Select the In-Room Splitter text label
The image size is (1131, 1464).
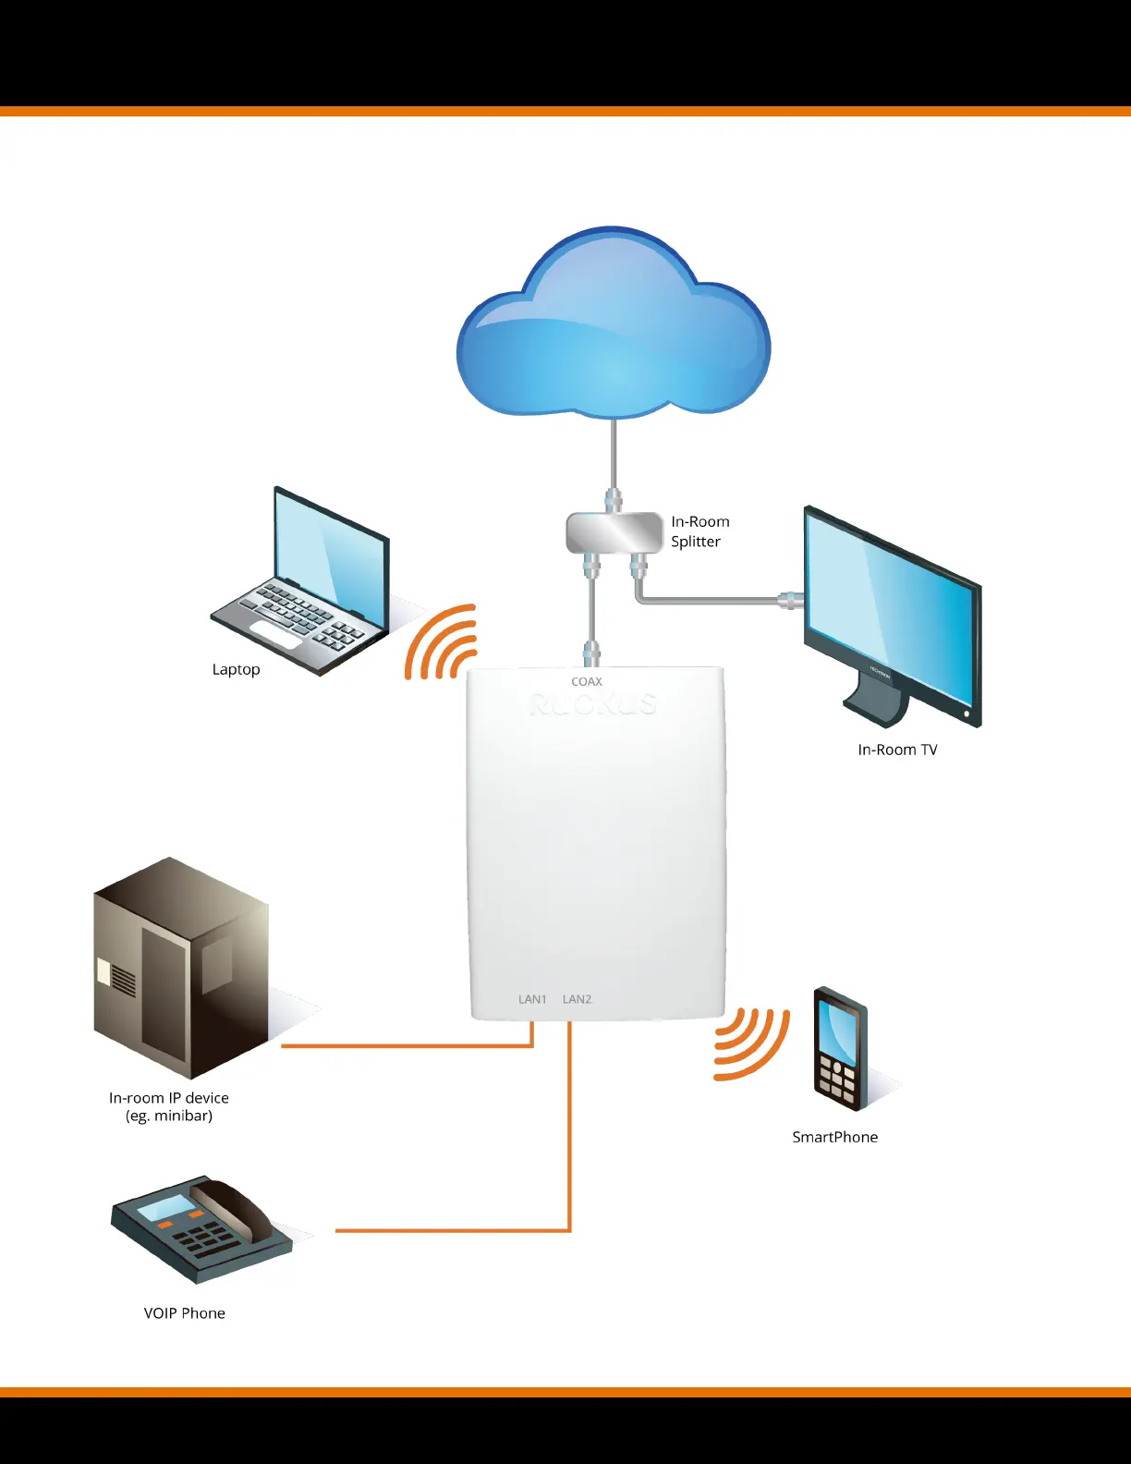[x=699, y=531]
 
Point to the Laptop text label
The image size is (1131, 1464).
[x=236, y=669]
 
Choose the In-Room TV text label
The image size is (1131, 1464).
[x=897, y=750]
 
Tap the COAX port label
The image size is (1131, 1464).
[x=587, y=682]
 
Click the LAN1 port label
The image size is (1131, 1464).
[x=532, y=999]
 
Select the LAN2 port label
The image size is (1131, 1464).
[x=578, y=999]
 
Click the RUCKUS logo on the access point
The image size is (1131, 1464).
[x=592, y=705]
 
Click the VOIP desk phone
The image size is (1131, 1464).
[x=201, y=1229]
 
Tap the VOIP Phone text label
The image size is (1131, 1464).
[x=185, y=1313]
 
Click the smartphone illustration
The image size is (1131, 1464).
[x=840, y=1049]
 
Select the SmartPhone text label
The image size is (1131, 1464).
[x=835, y=1137]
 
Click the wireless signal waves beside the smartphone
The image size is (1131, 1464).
[x=750, y=1043]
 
